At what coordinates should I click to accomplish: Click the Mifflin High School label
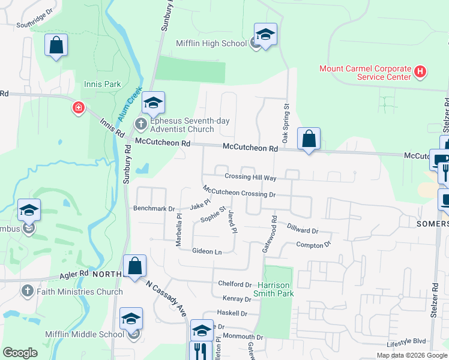(211, 43)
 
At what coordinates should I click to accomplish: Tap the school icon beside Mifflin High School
(265, 35)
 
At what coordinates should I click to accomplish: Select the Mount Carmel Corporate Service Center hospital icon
(420, 73)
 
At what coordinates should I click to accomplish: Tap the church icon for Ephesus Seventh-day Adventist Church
(140, 125)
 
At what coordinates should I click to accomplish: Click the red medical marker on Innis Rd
(78, 108)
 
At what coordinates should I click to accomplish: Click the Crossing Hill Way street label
(250, 178)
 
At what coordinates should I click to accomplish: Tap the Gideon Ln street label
(207, 251)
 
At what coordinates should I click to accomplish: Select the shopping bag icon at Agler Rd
(135, 266)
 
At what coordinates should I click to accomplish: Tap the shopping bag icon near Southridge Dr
(56, 45)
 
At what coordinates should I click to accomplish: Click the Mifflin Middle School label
(85, 334)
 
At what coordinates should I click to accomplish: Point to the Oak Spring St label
(286, 124)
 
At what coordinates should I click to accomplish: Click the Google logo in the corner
(20, 353)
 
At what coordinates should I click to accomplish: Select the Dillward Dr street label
(302, 230)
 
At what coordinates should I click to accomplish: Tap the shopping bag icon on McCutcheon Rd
(309, 139)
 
